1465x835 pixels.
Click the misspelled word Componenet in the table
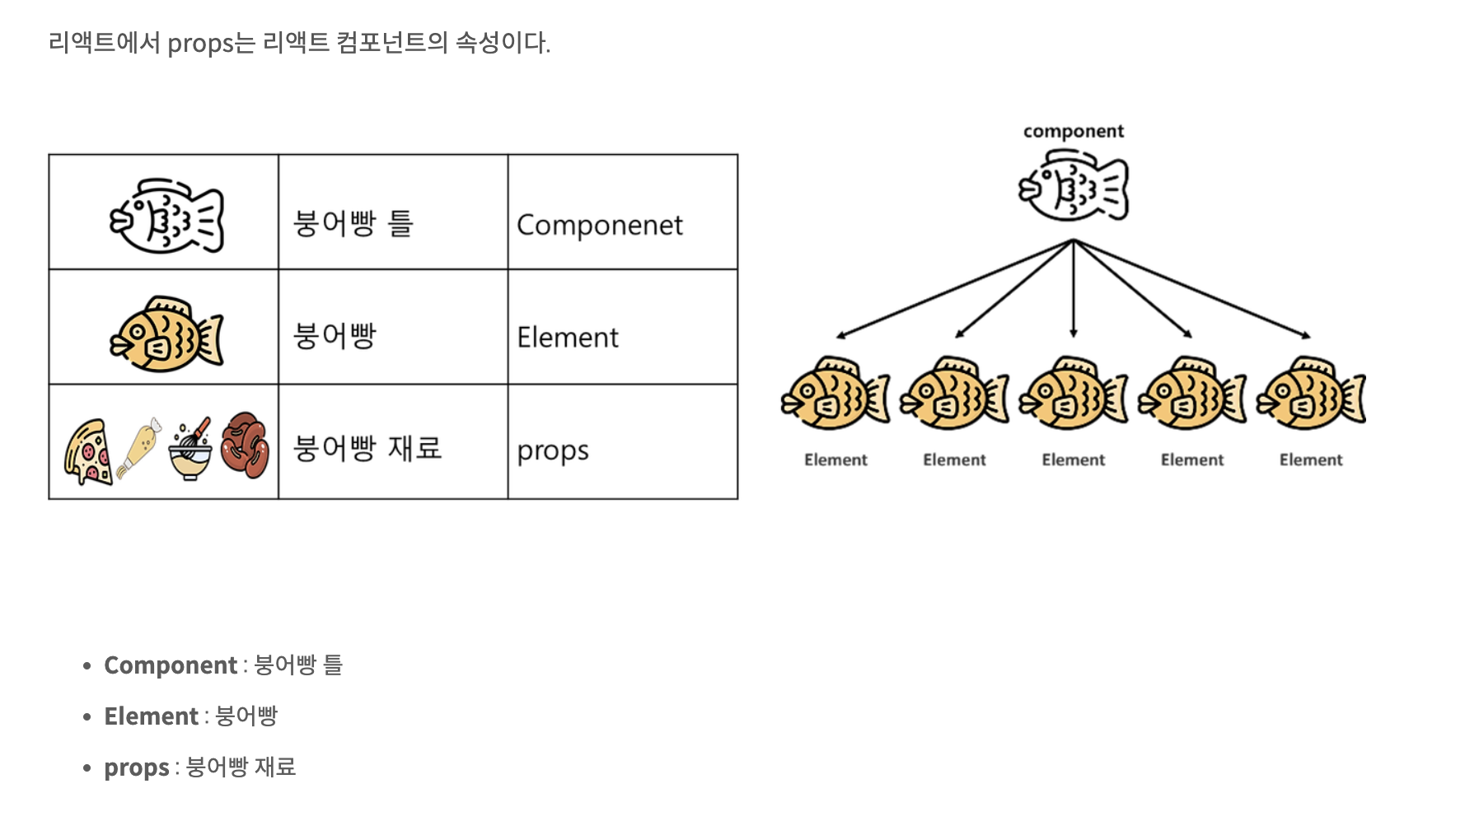pos(599,225)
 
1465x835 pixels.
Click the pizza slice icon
pos(87,451)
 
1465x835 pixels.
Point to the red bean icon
pos(246,445)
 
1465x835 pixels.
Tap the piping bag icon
pos(139,447)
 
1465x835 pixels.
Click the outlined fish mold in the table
pos(166,216)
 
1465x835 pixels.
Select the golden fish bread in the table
pos(166,334)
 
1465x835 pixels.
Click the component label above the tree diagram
pos(1073,132)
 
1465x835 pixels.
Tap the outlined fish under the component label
pos(1073,186)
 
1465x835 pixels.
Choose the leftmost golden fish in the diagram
pos(835,394)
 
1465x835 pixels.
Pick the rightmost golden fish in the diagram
pos(1311,394)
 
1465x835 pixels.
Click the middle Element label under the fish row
pos(1073,459)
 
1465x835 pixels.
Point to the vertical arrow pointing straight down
pos(1073,288)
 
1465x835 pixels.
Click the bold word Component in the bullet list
pos(171,665)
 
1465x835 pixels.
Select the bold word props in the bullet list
pos(136,767)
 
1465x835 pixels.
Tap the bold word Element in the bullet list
pos(151,716)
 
